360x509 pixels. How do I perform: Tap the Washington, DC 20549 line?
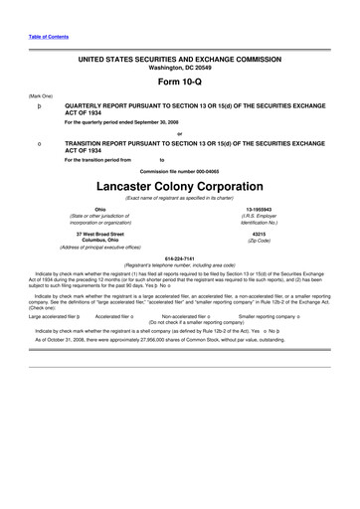point(179,67)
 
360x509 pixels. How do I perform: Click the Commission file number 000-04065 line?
point(179,170)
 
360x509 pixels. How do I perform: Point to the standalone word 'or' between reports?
point(179,133)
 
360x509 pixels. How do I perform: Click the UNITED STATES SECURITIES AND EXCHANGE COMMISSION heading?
point(179,59)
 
